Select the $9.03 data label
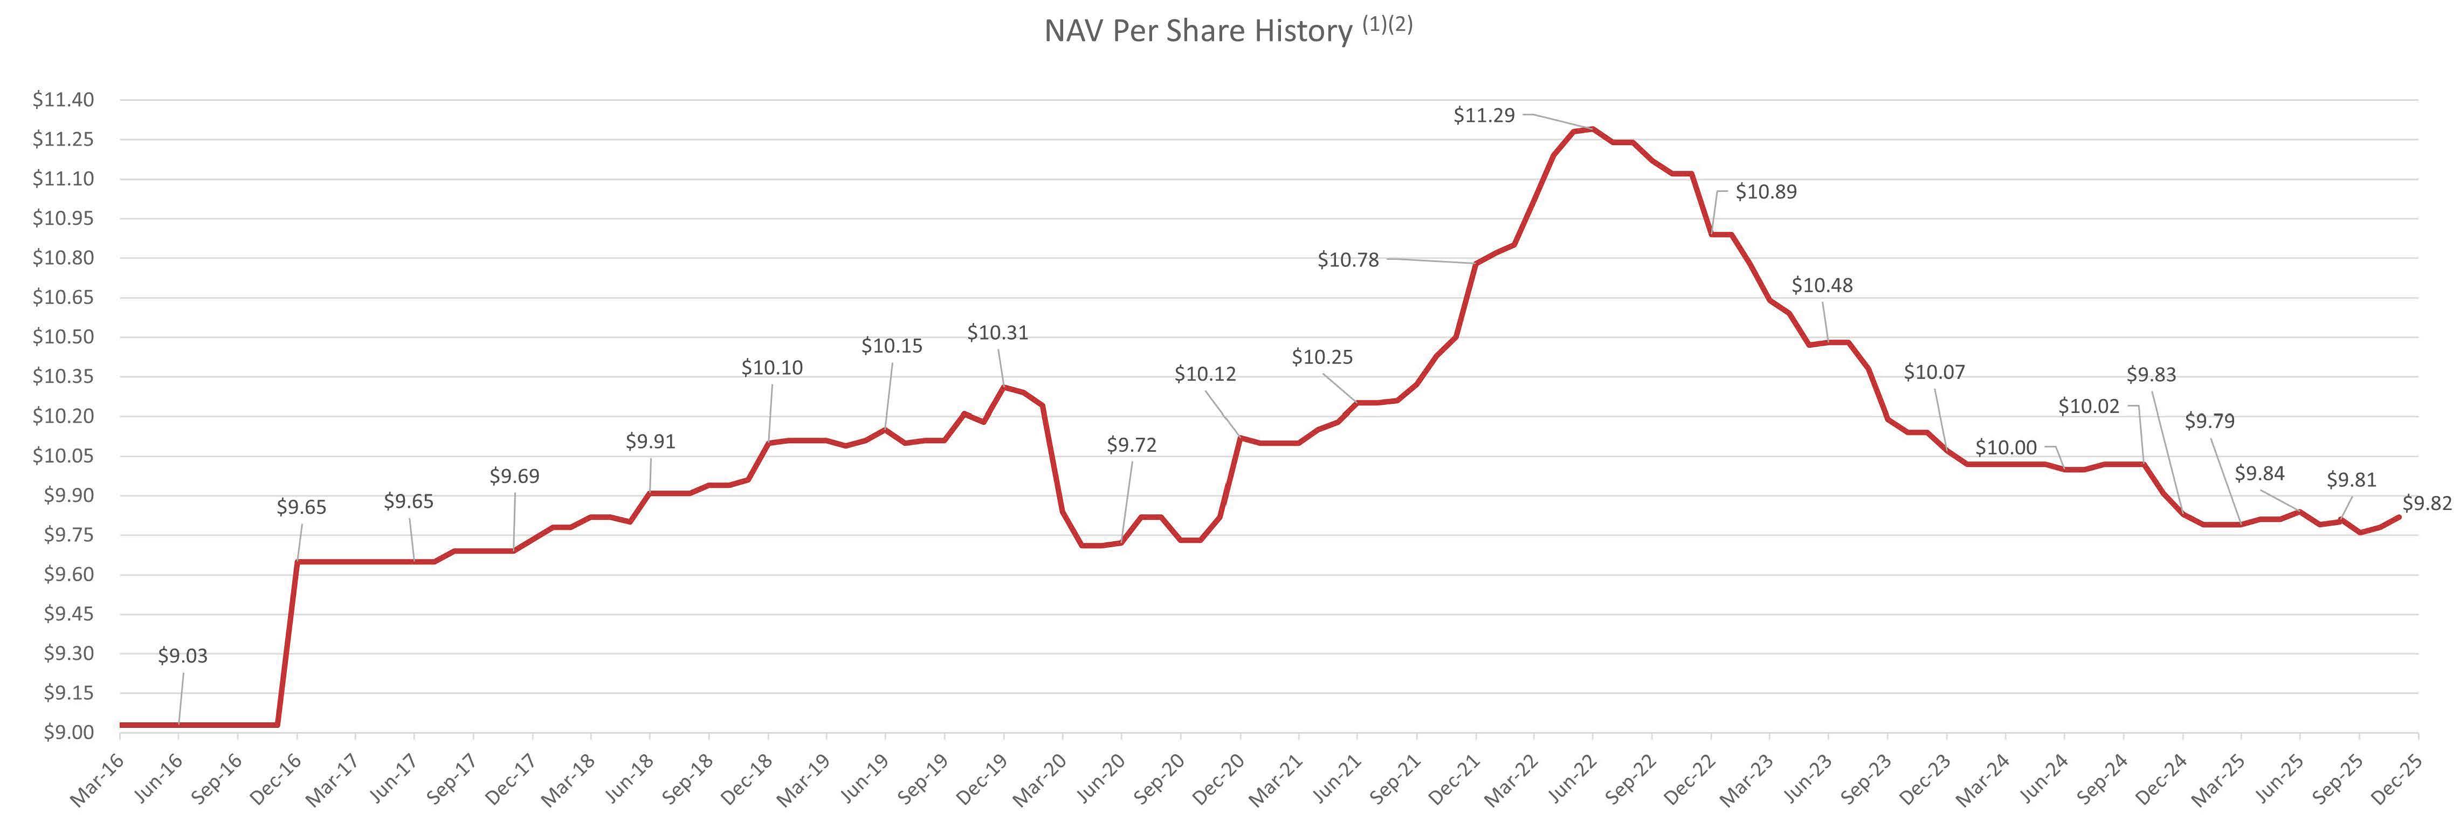coord(182,656)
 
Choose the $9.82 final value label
coord(2427,504)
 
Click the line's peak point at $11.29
coord(1592,129)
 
